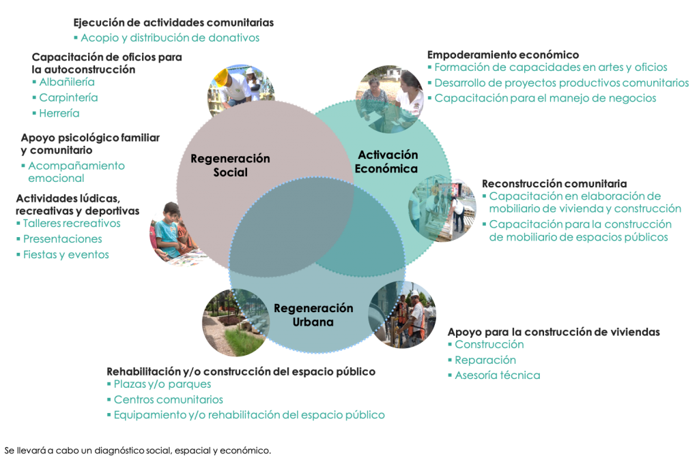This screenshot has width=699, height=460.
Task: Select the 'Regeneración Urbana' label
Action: tap(313, 316)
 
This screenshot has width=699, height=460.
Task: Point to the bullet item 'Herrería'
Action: tap(59, 113)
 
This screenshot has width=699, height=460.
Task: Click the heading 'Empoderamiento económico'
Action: tap(503, 54)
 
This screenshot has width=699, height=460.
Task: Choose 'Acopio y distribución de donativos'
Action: tap(170, 38)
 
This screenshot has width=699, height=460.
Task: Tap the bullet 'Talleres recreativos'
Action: tap(72, 224)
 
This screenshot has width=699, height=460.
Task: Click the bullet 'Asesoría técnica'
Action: tap(497, 375)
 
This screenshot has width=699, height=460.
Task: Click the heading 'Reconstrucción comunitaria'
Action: tap(554, 183)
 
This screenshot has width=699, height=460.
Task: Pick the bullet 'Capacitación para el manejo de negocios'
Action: tap(545, 98)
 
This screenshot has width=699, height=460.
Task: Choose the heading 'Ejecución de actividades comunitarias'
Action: tap(174, 22)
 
